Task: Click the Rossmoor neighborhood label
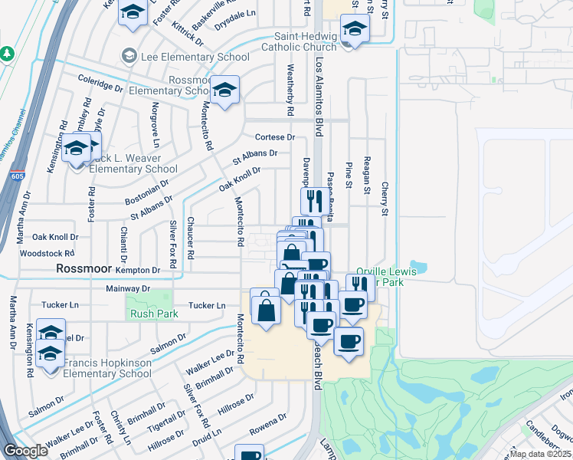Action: click(x=84, y=269)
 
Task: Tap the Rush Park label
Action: click(x=153, y=313)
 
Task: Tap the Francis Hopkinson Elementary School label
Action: click(x=107, y=368)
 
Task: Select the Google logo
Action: click(x=26, y=451)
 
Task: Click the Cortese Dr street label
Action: click(x=274, y=137)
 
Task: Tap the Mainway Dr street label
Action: click(x=127, y=289)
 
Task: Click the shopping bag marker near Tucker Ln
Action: click(x=265, y=309)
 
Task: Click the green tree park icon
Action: click(x=8, y=54)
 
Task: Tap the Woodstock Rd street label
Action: click(x=47, y=252)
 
